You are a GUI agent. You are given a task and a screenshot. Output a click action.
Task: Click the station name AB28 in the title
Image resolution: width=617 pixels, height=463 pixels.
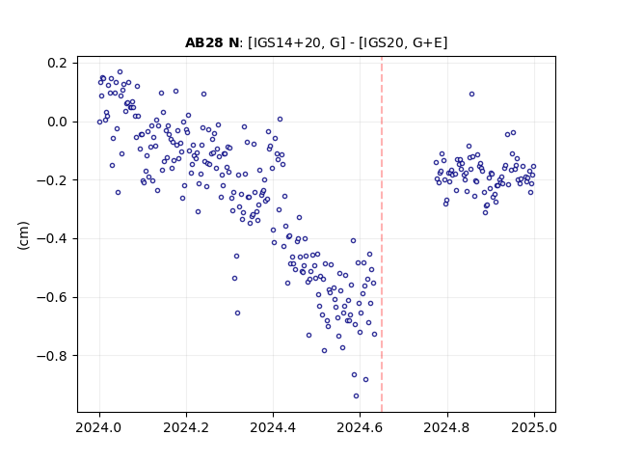pyautogui.click(x=204, y=42)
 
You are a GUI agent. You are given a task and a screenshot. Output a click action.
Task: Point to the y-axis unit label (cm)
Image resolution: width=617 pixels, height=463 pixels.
pyautogui.click(x=23, y=235)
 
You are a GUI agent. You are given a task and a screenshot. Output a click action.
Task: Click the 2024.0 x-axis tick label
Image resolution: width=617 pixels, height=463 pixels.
pyautogui.click(x=99, y=427)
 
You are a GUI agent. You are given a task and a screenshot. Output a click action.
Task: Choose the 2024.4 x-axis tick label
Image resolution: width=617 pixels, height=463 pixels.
pyautogui.click(x=273, y=427)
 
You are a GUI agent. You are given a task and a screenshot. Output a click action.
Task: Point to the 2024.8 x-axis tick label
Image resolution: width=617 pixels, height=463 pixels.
pyautogui.click(x=447, y=427)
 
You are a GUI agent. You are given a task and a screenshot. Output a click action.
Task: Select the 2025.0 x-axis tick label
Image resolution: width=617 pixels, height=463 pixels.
pyautogui.click(x=534, y=427)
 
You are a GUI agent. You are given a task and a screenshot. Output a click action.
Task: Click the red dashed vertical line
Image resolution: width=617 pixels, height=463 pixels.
pyautogui.click(x=382, y=234)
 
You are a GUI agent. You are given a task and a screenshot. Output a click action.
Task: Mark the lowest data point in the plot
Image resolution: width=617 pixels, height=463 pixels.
pyautogui.click(x=356, y=395)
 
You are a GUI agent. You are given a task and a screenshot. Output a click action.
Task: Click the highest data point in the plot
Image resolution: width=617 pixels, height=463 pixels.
pyautogui.click(x=120, y=71)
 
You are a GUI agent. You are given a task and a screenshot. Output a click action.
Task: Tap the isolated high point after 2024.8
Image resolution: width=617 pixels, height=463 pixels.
pyautogui.click(x=471, y=95)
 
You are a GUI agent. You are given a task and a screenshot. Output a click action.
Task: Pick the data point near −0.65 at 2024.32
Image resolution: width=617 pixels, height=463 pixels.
pyautogui.click(x=238, y=313)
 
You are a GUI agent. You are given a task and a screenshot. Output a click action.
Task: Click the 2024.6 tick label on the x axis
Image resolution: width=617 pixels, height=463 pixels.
pyautogui.click(x=360, y=427)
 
